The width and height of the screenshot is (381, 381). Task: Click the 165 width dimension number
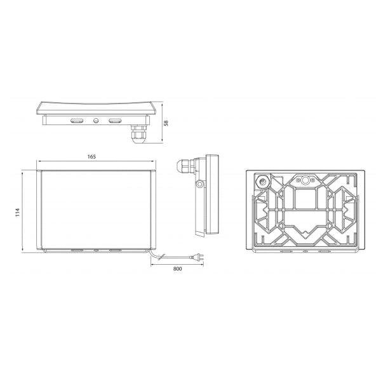click(x=91, y=157)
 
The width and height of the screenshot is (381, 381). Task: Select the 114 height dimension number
click(x=18, y=212)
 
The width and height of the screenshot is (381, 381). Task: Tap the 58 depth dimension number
click(x=166, y=123)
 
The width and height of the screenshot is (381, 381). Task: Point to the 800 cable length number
click(x=177, y=269)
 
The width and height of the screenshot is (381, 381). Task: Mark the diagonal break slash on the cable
click(x=161, y=257)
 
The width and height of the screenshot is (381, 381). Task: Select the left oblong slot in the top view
click(x=77, y=121)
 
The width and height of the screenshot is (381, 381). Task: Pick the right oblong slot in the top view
click(x=115, y=121)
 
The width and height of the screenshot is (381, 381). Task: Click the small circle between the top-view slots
click(x=96, y=120)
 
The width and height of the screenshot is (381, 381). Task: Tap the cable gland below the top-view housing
click(x=138, y=135)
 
